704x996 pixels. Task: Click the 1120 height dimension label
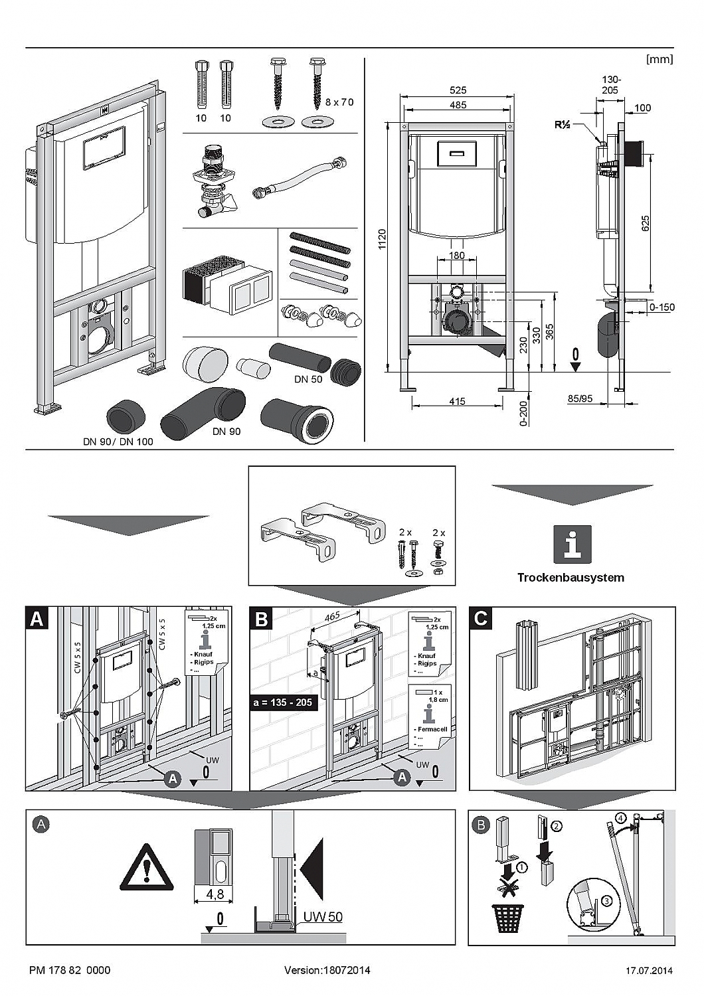click(x=381, y=239)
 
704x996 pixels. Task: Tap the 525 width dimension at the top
click(x=458, y=90)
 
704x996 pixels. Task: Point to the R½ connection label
click(x=563, y=124)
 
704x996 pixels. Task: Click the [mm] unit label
click(x=660, y=59)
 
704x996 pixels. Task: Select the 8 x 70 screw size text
click(x=339, y=102)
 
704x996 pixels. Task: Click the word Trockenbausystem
click(x=571, y=578)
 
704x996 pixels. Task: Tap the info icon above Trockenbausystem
click(x=572, y=544)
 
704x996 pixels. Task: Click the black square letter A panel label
click(x=37, y=618)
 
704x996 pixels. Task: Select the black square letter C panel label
click(x=481, y=618)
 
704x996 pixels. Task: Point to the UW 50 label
click(x=323, y=917)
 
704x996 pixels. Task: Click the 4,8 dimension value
click(x=215, y=894)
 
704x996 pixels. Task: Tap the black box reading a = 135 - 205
click(x=284, y=702)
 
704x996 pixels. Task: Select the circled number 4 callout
click(x=620, y=817)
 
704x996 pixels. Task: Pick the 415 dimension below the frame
click(x=457, y=401)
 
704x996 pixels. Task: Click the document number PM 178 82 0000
click(x=70, y=970)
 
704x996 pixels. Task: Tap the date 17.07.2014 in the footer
click(x=649, y=971)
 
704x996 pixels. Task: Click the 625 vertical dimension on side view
click(x=645, y=223)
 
